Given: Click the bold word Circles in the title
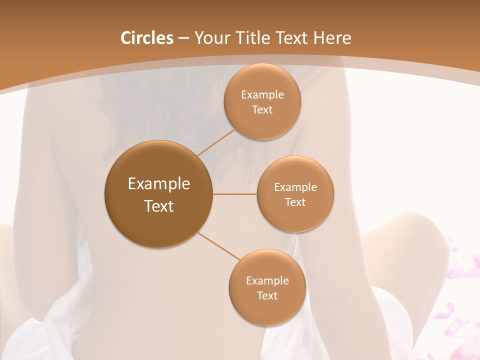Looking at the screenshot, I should tap(146, 38).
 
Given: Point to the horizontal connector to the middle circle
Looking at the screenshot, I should tap(234, 193).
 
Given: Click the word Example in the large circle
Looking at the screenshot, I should tap(158, 184).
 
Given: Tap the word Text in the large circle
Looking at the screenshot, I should tap(158, 206).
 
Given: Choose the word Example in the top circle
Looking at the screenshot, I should tap(262, 95).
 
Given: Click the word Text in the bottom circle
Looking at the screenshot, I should tap(267, 295).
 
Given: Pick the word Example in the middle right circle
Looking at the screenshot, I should tap(295, 187).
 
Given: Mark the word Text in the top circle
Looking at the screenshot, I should tap(262, 110).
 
